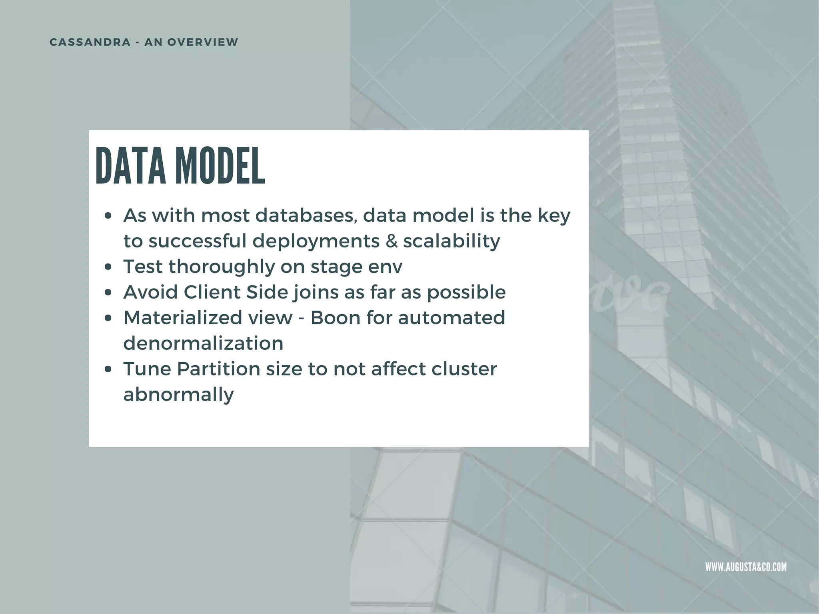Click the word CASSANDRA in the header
tap(90, 42)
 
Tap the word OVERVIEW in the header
tap(203, 42)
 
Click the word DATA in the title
tap(130, 166)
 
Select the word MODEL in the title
tap(220, 166)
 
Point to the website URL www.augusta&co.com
tap(746, 567)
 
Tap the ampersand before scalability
tap(392, 241)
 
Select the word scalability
tap(451, 241)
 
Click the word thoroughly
tap(222, 267)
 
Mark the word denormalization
tap(203, 343)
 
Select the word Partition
tap(218, 369)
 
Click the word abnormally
tap(178, 395)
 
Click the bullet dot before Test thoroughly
tap(107, 267)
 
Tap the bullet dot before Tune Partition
tap(107, 369)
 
